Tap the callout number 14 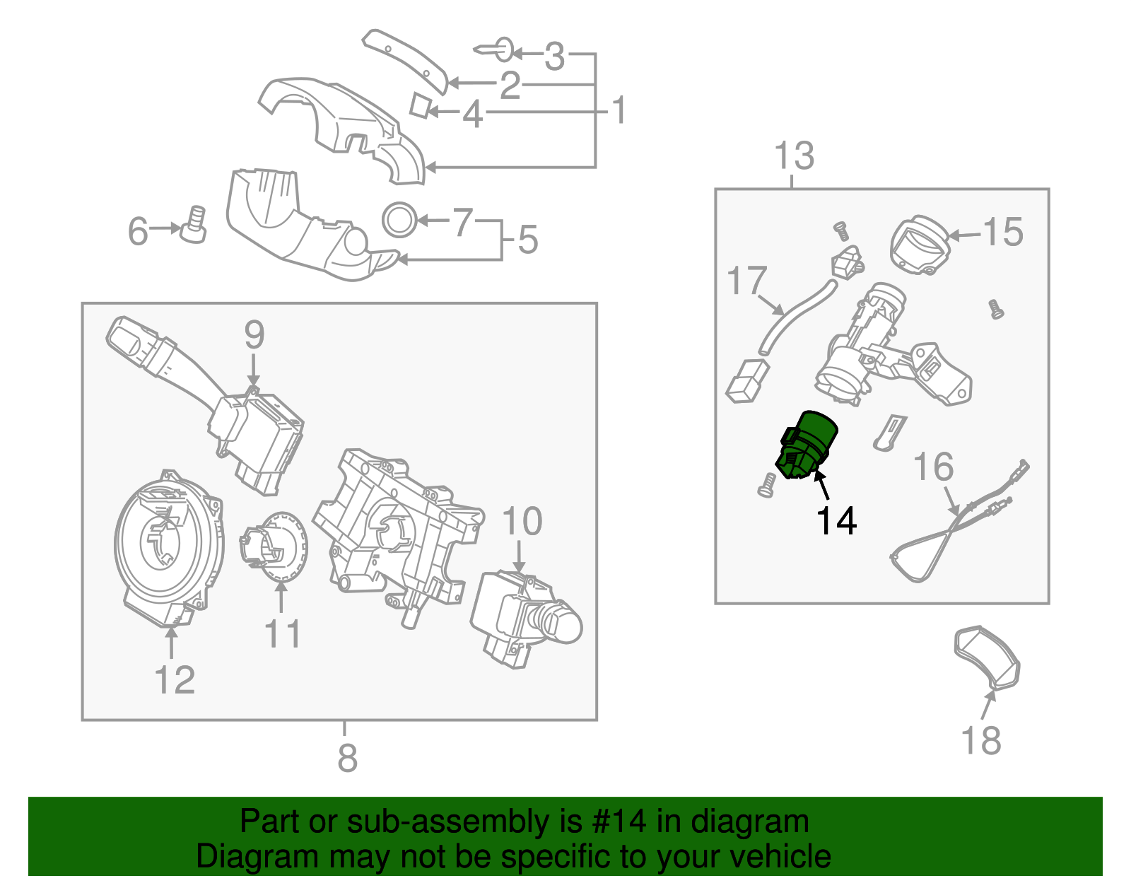(836, 521)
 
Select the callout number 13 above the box (794, 156)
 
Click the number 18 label (980, 741)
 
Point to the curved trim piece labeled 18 (988, 657)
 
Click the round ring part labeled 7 (399, 219)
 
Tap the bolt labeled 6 (194, 224)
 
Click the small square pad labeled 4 (420, 105)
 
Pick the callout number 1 (619, 111)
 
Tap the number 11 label (282, 633)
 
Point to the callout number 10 (522, 522)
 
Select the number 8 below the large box (347, 758)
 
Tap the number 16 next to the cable (933, 467)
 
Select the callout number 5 (527, 240)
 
